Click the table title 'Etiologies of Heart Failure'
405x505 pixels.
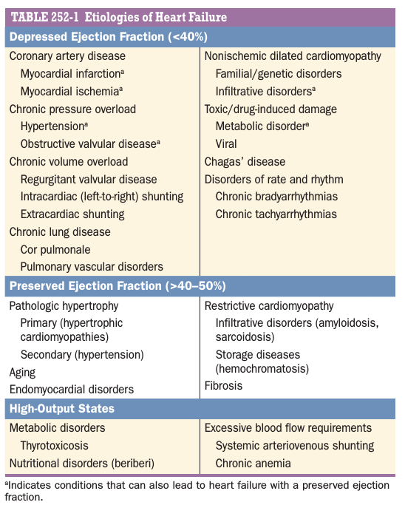tap(155, 17)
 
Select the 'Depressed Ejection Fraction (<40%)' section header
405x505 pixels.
tap(109, 37)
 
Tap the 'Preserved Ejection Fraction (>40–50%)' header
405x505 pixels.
tap(118, 286)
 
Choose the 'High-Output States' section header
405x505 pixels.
tap(62, 408)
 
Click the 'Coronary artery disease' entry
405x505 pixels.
tap(67, 56)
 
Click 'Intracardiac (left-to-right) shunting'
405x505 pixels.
tap(102, 197)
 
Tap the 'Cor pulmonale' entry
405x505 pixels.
tap(55, 250)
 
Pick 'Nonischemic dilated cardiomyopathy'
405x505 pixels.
tap(293, 56)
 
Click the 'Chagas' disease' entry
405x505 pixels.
tap(245, 162)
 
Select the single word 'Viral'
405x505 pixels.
tap(226, 144)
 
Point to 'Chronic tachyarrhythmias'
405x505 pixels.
tap(276, 214)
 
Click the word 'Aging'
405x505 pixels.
tap(22, 373)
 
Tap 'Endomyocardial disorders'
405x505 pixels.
tap(72, 390)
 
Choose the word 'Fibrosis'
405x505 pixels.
tap(223, 385)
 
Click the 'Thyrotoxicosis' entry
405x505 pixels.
tap(54, 445)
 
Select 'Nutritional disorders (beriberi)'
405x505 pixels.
tap(82, 463)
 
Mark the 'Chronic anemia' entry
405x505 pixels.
tap(253, 463)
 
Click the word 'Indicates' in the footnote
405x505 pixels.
tap(27, 485)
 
